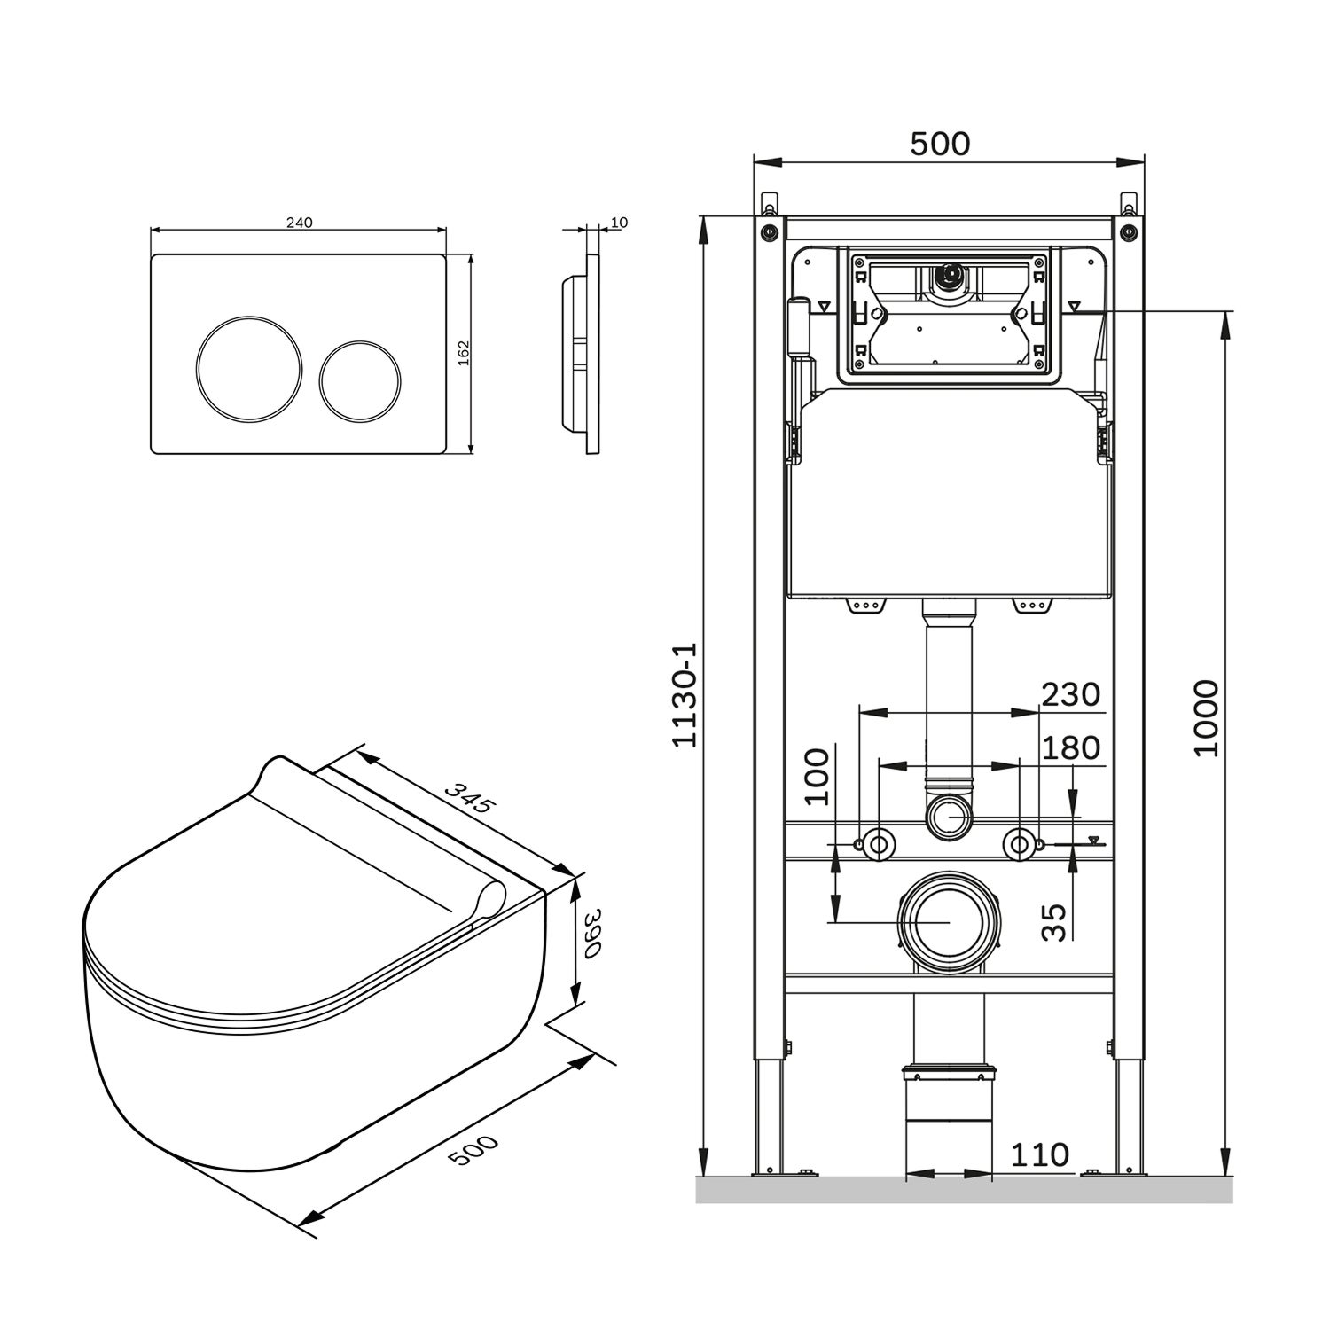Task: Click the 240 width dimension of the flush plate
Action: click(299, 223)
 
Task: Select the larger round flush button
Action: click(239, 368)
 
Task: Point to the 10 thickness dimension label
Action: click(619, 223)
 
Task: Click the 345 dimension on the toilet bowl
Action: click(466, 797)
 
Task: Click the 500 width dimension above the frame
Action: click(940, 144)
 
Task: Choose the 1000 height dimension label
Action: click(1207, 718)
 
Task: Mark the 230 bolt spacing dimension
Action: click(1070, 694)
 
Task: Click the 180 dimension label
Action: click(1070, 747)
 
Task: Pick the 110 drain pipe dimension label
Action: click(1039, 1154)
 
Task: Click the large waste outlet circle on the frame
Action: click(948, 922)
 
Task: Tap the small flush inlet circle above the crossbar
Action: click(949, 815)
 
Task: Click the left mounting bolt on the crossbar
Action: click(878, 843)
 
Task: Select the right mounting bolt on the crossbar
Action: click(1020, 843)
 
